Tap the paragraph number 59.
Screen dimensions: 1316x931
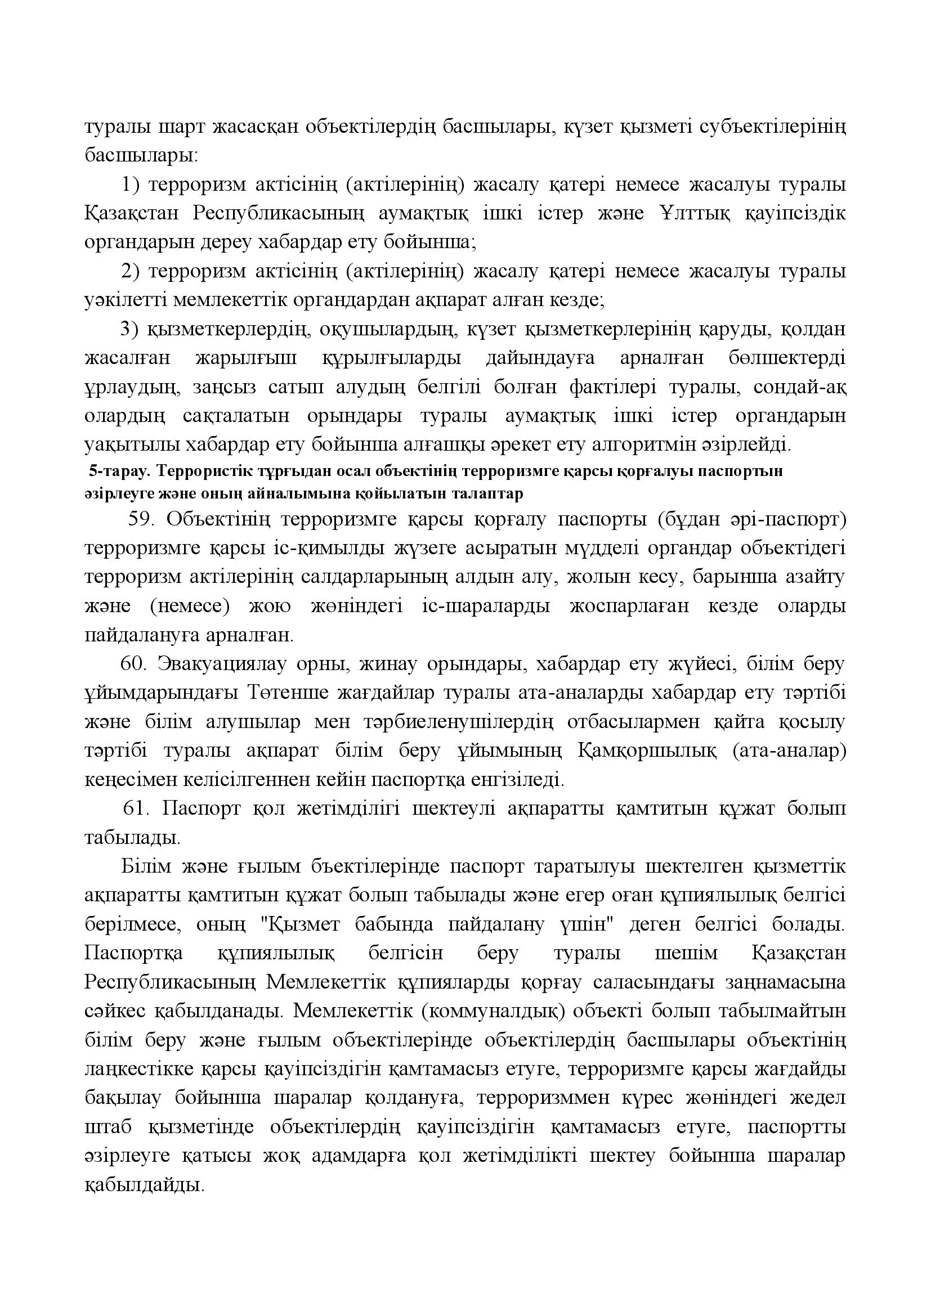[x=139, y=519]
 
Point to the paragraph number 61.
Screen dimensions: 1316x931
[x=136, y=809]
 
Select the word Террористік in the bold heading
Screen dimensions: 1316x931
[x=198, y=471]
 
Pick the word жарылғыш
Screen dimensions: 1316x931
[x=247, y=358]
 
